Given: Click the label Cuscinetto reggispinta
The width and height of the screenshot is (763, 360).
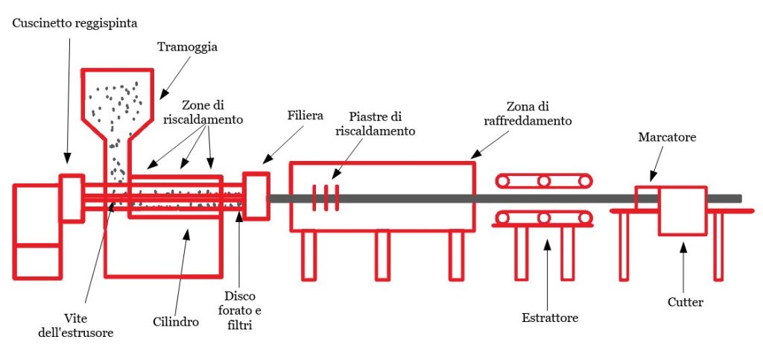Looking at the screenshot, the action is pos(75,23).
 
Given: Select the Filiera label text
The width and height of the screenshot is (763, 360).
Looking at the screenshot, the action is pos(305,116).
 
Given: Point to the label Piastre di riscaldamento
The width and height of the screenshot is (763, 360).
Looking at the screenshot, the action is pos(376,124).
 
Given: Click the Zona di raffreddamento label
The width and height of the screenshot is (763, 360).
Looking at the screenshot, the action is pos(528,113).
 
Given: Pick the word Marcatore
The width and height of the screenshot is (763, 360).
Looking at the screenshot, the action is pos(667,137).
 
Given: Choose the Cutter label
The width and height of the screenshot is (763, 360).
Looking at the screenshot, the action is pos(686,303).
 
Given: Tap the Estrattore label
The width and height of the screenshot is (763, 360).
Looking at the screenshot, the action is pos(550,318).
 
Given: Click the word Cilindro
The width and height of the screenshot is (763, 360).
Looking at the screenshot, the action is pos(176,321).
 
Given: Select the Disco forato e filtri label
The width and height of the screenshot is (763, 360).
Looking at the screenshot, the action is pos(239,311).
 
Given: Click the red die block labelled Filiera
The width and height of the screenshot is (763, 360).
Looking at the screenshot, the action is pos(256,196).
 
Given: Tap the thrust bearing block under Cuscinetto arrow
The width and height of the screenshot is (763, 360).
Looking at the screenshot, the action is pos(72,198).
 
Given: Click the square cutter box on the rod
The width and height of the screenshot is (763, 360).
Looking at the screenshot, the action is pos(683,211).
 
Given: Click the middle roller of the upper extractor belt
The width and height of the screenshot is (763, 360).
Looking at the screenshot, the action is pos(544,181).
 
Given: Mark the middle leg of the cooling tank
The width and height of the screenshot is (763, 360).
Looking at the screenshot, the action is pos(382,256).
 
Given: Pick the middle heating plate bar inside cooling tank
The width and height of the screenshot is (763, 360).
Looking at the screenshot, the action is pos(326,198).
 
